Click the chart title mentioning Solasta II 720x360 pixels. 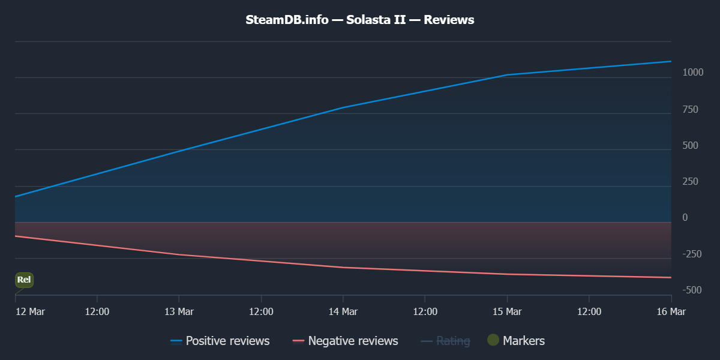point(360,20)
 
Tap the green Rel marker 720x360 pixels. point(24,280)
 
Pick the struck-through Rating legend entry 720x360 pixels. point(445,341)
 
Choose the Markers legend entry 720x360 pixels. point(516,341)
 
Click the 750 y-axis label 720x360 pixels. point(690,109)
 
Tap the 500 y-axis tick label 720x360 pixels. point(690,145)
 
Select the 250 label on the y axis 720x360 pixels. point(690,182)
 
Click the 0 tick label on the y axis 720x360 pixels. point(685,218)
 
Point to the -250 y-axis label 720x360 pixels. point(692,254)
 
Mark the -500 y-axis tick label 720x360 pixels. point(692,290)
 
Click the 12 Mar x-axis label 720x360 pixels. point(30,311)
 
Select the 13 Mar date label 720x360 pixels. point(179,311)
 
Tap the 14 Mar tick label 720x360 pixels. point(343,311)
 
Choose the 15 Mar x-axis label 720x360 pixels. point(507,311)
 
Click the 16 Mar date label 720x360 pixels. point(671,311)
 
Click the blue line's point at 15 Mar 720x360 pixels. point(507,75)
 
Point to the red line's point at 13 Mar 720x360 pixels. point(179,254)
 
